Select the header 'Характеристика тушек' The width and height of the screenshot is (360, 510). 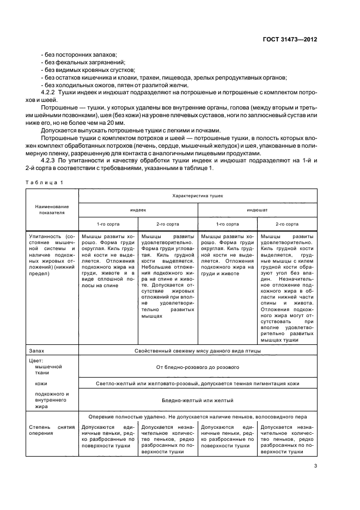pyautogui.click(x=198, y=195)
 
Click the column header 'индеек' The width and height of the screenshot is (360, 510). pyautogui.click(x=138, y=209)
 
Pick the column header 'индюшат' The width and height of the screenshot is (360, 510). pyautogui.click(x=257, y=209)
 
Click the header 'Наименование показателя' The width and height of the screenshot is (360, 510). pyautogui.click(x=53, y=210)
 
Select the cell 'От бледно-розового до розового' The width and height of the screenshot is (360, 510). pyautogui.click(x=198, y=367)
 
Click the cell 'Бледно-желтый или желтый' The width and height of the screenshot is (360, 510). pyautogui.click(x=198, y=400)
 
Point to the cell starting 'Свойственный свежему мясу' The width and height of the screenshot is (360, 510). pyautogui.click(x=198, y=350)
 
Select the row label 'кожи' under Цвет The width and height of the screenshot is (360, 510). pyautogui.click(x=40, y=384)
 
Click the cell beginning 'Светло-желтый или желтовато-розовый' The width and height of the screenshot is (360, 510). pyautogui.click(x=198, y=384)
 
